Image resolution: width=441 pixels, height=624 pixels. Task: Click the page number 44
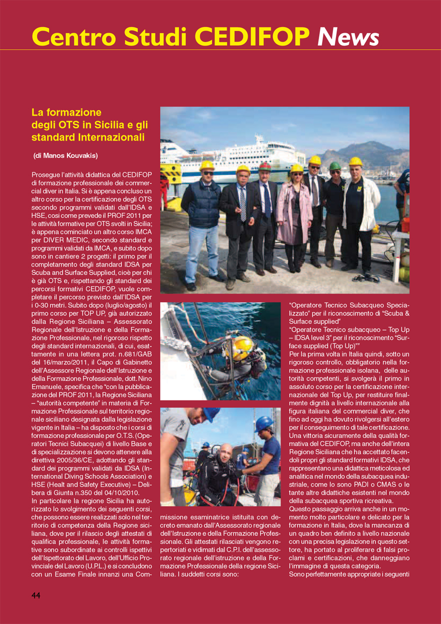[x=36, y=596]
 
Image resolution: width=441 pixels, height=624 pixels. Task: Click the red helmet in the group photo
[x=264, y=166]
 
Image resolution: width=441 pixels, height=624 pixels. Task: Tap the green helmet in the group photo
[x=335, y=166]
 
